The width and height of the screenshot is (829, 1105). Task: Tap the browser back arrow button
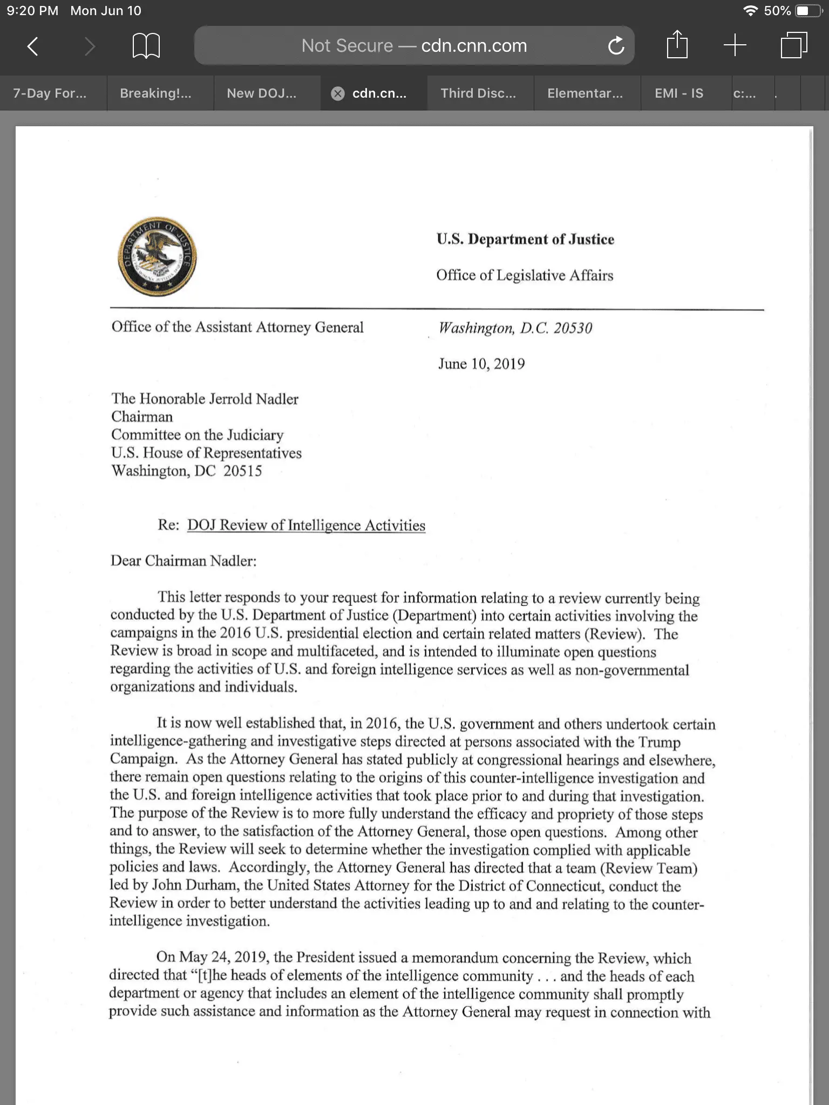pyautogui.click(x=33, y=46)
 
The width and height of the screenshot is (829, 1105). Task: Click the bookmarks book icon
pyautogui.click(x=146, y=46)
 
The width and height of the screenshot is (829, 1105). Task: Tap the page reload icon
pyautogui.click(x=616, y=46)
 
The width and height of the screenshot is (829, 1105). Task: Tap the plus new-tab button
pyautogui.click(x=735, y=45)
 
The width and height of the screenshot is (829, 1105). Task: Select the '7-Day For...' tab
pyautogui.click(x=50, y=93)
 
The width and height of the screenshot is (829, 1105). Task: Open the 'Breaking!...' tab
pyautogui.click(x=155, y=93)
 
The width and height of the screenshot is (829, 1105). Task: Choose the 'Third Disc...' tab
pyautogui.click(x=478, y=93)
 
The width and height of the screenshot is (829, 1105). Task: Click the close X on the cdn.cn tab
pyautogui.click(x=338, y=94)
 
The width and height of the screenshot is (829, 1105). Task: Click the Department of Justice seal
pyautogui.click(x=157, y=257)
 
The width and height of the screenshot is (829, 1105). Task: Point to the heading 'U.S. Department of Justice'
pyautogui.click(x=525, y=239)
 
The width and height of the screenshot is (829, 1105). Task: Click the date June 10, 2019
pyautogui.click(x=481, y=364)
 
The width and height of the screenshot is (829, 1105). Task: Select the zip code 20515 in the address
pyautogui.click(x=242, y=471)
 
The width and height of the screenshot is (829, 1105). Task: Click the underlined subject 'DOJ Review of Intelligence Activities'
pyautogui.click(x=306, y=525)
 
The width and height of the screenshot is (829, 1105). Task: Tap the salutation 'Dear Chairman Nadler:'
pyautogui.click(x=184, y=561)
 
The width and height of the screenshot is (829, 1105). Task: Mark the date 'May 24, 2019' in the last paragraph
pyautogui.click(x=222, y=957)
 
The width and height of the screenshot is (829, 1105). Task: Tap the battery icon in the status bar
pyautogui.click(x=808, y=11)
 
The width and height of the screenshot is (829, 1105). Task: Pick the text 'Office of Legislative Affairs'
pyautogui.click(x=525, y=275)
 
